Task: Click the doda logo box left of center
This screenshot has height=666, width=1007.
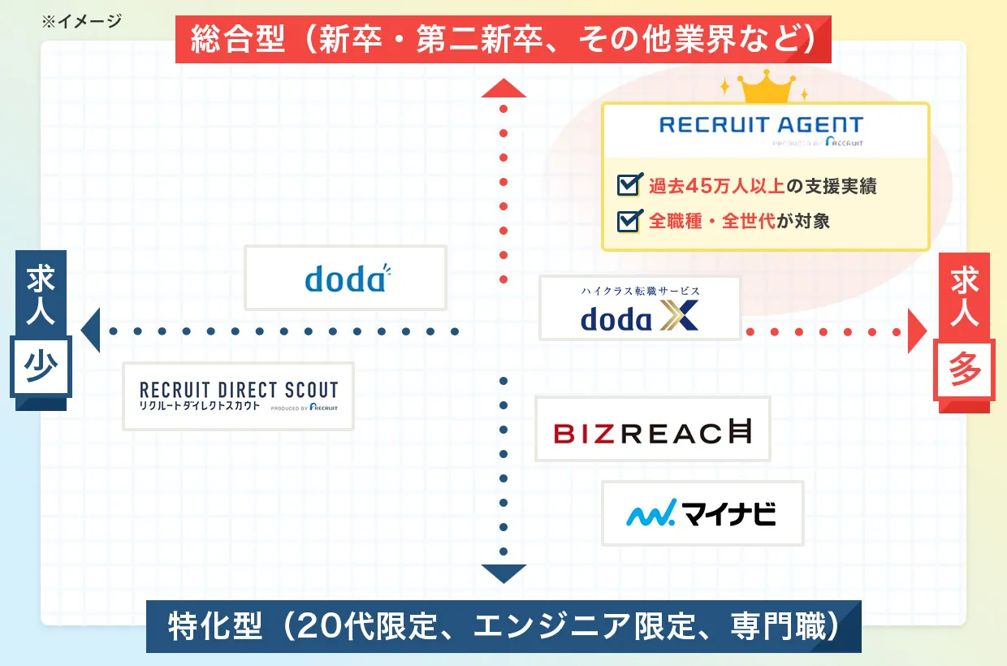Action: click(x=346, y=278)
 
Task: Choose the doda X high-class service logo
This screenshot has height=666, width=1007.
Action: click(x=640, y=308)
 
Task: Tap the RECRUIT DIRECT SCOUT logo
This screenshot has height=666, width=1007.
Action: click(x=238, y=396)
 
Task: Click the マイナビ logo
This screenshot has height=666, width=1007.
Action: click(x=702, y=513)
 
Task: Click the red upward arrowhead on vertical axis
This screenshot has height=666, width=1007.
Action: click(x=503, y=89)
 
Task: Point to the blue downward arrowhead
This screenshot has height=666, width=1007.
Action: click(x=503, y=573)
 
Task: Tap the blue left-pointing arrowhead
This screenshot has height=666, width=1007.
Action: click(x=90, y=331)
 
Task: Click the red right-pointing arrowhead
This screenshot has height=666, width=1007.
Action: click(x=917, y=331)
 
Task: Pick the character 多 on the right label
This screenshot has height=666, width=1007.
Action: click(x=965, y=370)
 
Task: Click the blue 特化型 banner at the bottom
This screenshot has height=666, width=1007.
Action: click(x=503, y=626)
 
